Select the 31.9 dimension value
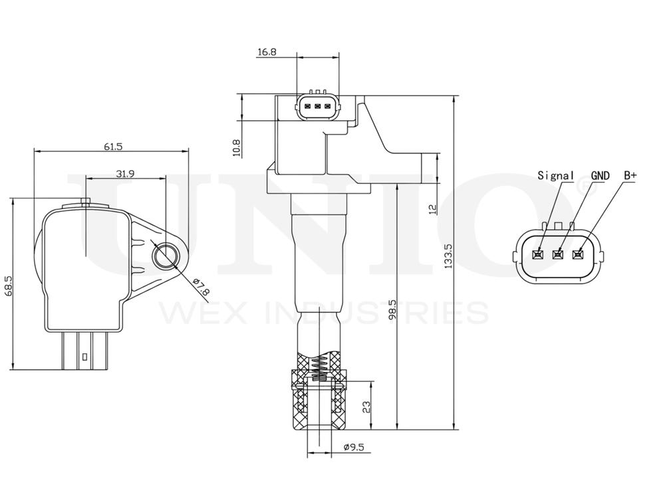coord(126,174)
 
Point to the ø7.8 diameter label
coord(200,287)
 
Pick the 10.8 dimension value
coord(236,147)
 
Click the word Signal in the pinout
coord(555,175)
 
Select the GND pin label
coord(600,175)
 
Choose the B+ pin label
coord(629,175)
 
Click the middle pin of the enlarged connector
coord(558,254)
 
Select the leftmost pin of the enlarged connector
coord(539,254)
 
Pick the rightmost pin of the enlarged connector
coord(577,254)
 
